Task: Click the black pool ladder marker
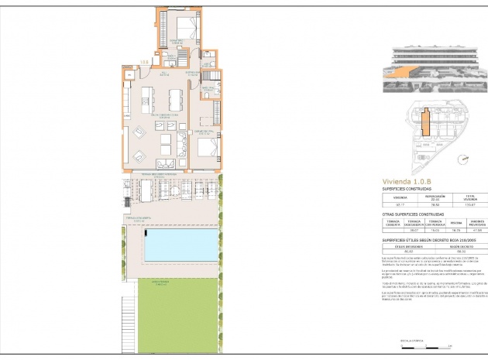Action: (x=147, y=231)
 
